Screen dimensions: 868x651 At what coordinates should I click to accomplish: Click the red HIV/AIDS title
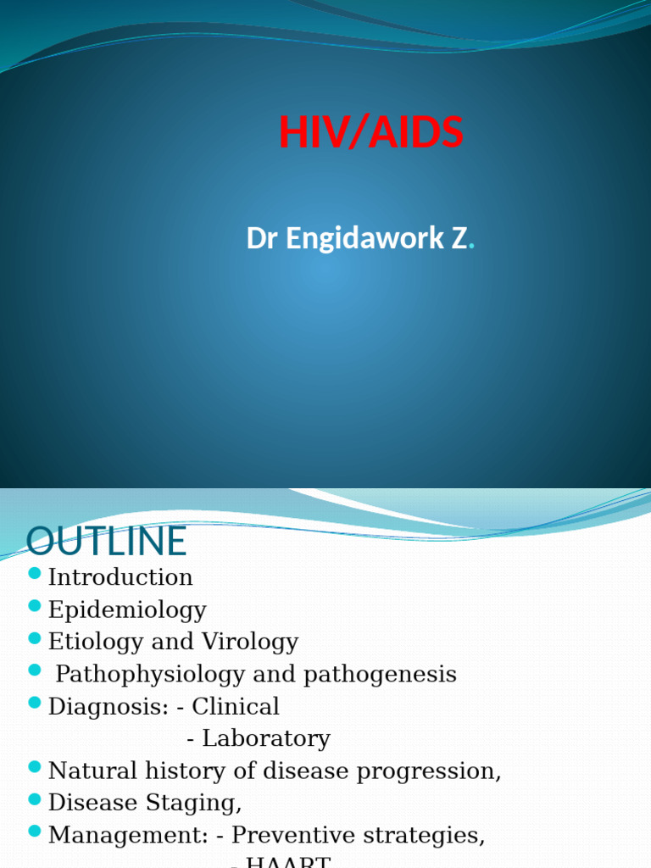click(371, 132)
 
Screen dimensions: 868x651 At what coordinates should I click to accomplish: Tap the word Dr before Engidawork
click(263, 239)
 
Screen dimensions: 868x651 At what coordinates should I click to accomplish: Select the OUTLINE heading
click(107, 542)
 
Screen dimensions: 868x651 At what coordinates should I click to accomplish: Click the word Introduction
click(120, 577)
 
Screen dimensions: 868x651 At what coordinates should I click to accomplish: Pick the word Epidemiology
click(127, 609)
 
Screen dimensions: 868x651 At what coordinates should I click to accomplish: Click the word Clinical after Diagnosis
click(236, 706)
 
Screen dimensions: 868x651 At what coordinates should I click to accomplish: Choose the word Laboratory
click(266, 738)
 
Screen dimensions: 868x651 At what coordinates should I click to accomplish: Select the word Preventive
click(293, 835)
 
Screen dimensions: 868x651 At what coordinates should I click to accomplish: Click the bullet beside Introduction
click(35, 575)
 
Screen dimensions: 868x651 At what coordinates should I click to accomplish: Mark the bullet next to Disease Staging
click(35, 800)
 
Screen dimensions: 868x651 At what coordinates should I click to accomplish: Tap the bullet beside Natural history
click(35, 768)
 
